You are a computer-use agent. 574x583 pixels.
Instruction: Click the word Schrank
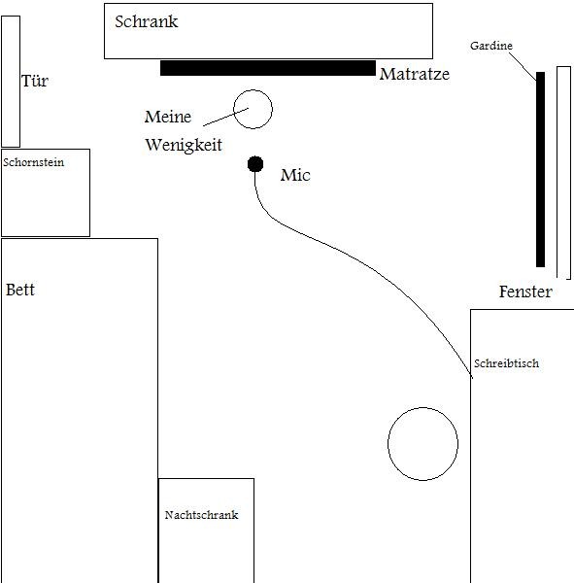coord(146,21)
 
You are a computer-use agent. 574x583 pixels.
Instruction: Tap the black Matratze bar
coord(268,68)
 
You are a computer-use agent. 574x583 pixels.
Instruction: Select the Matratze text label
coord(415,74)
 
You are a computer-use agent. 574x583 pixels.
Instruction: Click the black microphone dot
coord(255,164)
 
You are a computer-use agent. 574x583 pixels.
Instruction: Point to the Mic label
coord(295,175)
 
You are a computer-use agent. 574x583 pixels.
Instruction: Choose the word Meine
coord(168,117)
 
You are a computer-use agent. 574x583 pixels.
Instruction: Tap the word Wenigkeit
coord(184,145)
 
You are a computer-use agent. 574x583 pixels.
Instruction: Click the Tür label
coord(35,81)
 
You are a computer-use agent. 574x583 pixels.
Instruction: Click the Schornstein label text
coord(33,162)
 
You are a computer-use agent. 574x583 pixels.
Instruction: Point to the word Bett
coord(20,290)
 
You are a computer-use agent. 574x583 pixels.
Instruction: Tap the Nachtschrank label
coord(201,515)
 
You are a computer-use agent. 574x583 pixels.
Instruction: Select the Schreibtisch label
coord(506,363)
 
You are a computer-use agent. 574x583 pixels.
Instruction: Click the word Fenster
coord(525,291)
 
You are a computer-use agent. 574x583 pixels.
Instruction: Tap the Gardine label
coord(491,46)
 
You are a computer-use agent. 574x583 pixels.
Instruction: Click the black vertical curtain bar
coord(541,169)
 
